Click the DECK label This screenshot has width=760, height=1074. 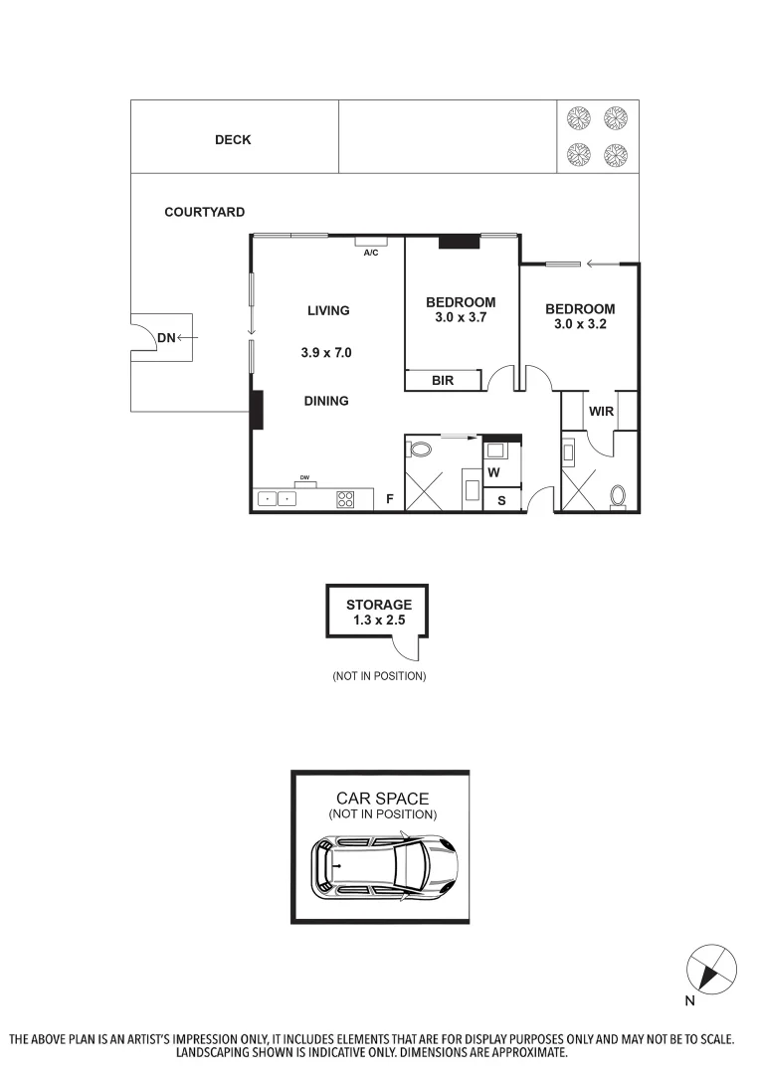click(233, 140)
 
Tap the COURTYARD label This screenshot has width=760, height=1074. click(204, 213)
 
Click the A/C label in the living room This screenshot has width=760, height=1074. click(371, 253)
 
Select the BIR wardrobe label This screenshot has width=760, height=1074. click(443, 380)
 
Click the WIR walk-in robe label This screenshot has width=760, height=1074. click(601, 410)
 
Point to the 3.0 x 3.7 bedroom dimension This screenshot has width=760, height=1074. click(461, 318)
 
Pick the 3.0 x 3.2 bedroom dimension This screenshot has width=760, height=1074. click(580, 324)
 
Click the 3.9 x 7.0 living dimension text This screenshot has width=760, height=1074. click(327, 352)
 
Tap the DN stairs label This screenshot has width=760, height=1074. click(166, 339)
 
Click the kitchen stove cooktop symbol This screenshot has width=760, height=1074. click(345, 500)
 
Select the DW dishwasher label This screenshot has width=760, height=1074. click(305, 478)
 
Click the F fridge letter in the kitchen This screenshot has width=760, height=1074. click(390, 500)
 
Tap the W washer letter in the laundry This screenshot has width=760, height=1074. click(493, 472)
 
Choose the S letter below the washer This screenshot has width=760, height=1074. click(501, 501)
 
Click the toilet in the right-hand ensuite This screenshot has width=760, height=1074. click(617, 495)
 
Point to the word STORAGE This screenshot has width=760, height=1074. click(378, 605)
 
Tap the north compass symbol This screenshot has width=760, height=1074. click(712, 968)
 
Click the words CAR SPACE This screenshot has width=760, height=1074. click(382, 799)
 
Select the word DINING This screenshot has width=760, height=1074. click(326, 401)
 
